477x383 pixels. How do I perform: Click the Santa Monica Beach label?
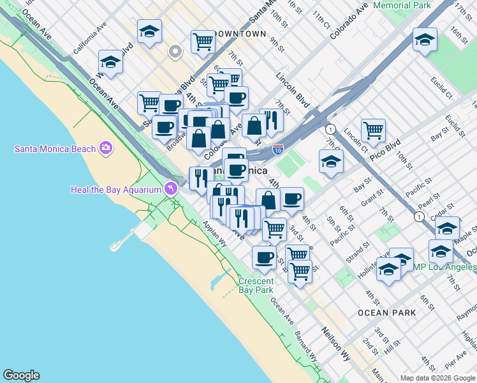tap(55, 149)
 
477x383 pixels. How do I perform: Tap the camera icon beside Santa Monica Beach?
tap(106, 149)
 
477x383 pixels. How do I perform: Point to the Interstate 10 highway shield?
tap(278, 149)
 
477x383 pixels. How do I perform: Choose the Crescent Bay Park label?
tap(256, 285)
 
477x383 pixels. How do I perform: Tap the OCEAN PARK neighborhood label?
tap(386, 313)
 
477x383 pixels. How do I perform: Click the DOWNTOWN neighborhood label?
tap(240, 33)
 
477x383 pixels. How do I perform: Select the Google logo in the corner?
tap(21, 375)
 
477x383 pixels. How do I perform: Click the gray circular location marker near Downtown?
tap(175, 51)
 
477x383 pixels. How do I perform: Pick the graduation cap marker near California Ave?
tap(110, 63)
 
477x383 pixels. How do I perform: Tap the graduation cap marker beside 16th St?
tap(424, 40)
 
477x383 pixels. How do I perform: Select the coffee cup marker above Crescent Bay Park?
tap(263, 257)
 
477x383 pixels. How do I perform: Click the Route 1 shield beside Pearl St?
tap(418, 217)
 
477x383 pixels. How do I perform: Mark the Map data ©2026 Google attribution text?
tap(437, 377)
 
